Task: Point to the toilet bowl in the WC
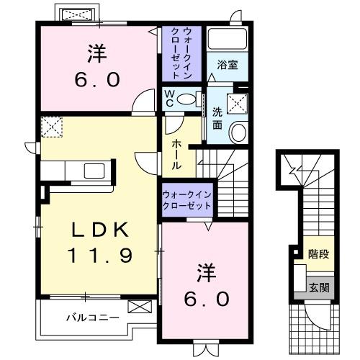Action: [x=188, y=99]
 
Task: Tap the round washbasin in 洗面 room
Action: [x=238, y=131]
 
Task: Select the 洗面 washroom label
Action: [x=217, y=118]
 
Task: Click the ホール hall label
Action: [x=176, y=154]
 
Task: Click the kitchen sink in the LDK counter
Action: [x=94, y=171]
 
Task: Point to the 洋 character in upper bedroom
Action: [x=97, y=52]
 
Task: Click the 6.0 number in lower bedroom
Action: [x=204, y=297]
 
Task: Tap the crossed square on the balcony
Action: [x=137, y=307]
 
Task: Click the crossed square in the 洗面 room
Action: [x=237, y=103]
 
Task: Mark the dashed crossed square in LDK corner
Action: [x=52, y=128]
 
